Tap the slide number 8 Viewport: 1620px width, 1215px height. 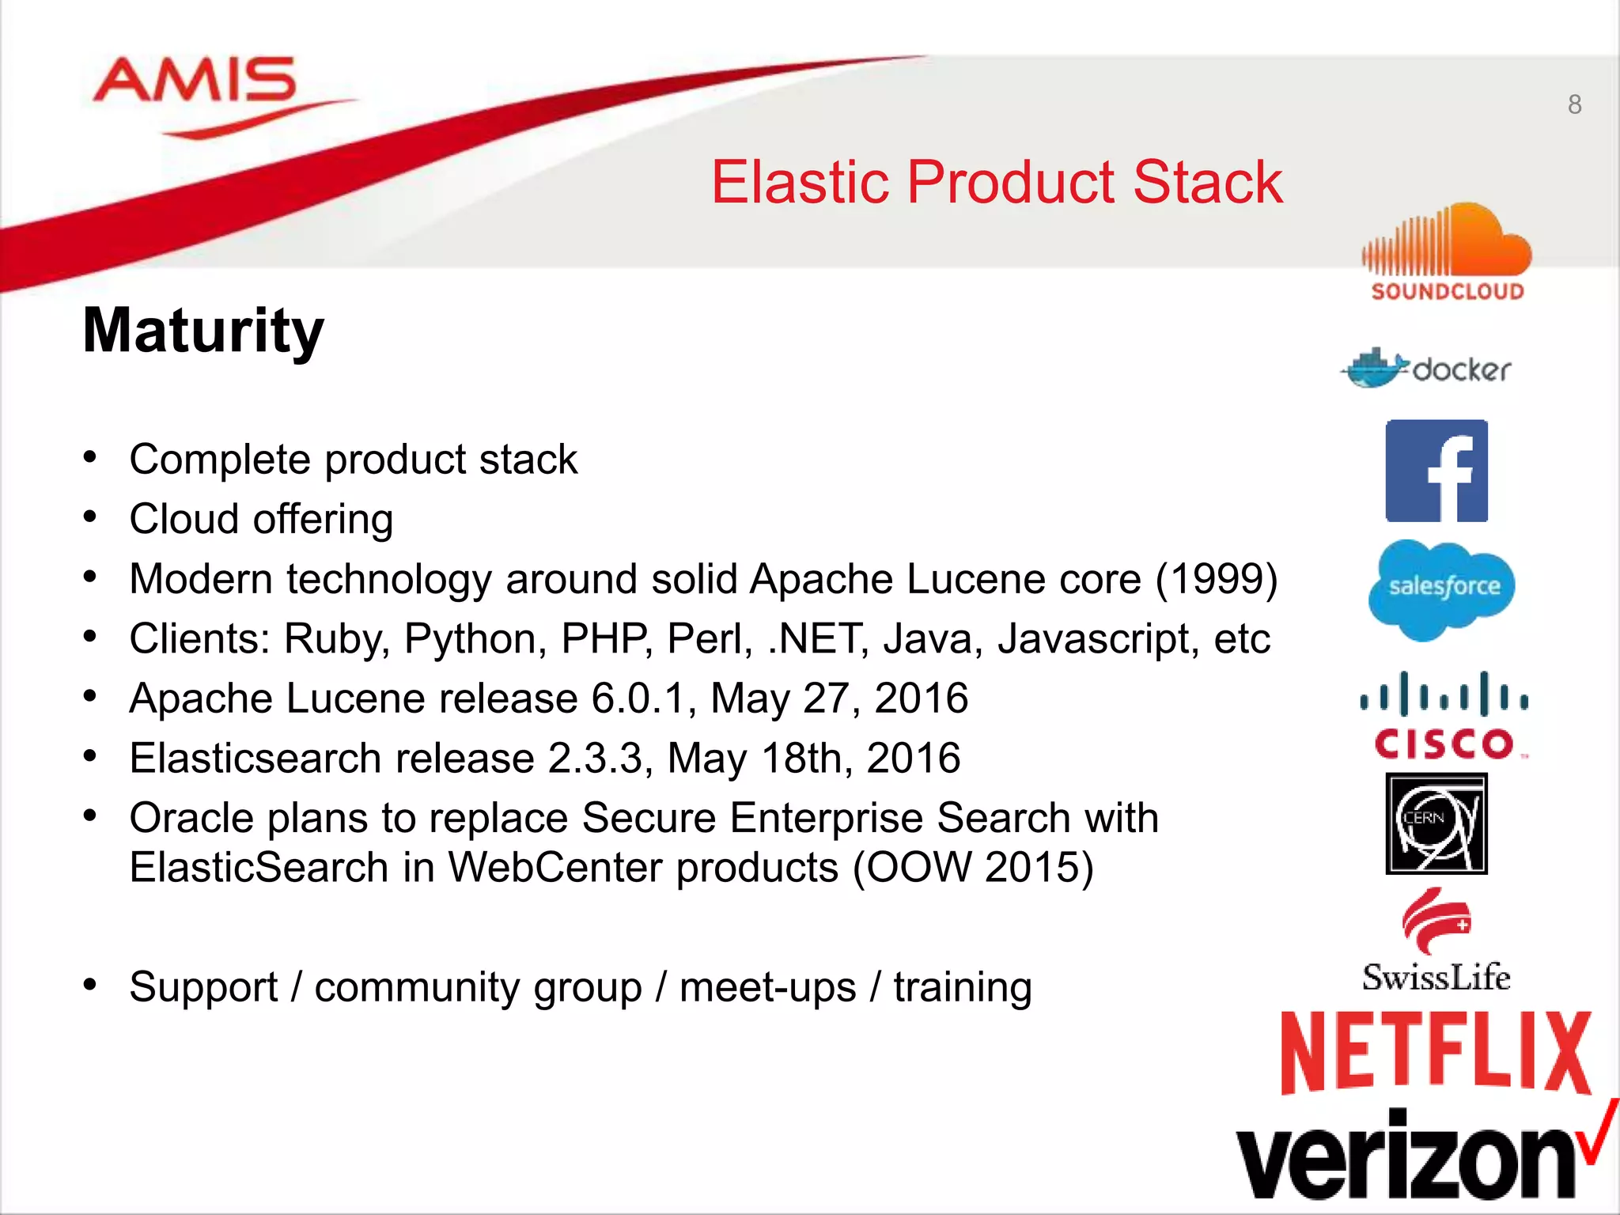1574,104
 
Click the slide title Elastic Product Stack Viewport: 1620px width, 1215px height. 997,182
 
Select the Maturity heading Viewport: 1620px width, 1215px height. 203,331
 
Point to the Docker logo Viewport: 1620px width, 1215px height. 1425,369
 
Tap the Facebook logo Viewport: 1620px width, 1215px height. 1436,471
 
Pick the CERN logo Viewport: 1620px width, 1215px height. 1436,824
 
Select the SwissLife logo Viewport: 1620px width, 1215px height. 1436,941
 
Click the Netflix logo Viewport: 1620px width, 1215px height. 1435,1052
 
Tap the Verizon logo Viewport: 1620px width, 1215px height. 1416,1155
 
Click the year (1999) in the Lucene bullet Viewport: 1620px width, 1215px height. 1217,579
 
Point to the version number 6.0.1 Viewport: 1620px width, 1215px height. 638,698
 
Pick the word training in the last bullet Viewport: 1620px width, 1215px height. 963,987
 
